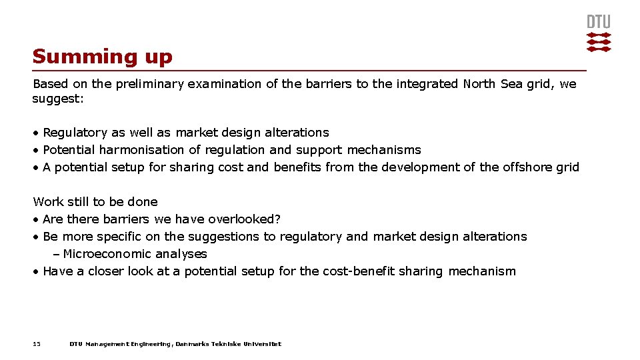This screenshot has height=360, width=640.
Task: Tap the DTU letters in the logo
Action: coord(598,22)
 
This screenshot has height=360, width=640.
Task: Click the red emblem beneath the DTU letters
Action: coord(598,41)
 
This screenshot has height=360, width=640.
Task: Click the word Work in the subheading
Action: coord(47,202)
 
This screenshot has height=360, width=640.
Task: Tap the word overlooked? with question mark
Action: coord(244,219)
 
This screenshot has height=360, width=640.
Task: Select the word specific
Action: coord(121,237)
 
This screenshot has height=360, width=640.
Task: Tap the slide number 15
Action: coord(37,344)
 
